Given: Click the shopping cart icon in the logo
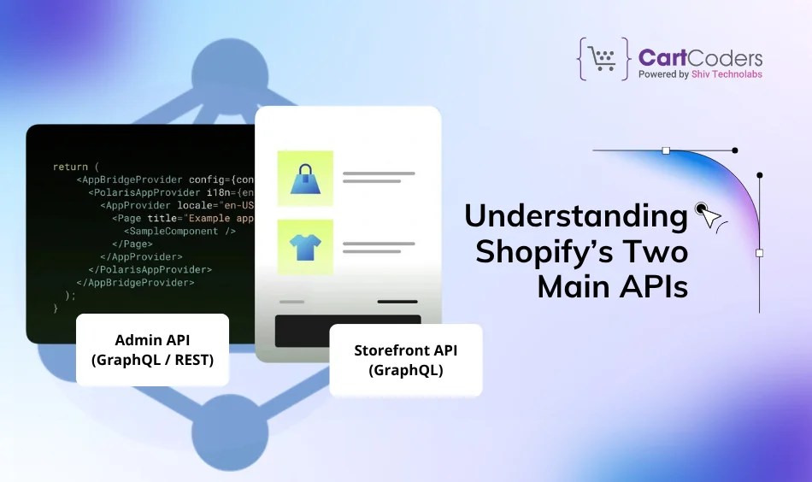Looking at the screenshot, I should coord(605,59).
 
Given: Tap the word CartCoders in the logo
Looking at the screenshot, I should coord(700,58).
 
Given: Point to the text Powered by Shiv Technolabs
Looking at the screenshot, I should coord(700,74).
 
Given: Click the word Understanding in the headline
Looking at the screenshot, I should coord(575,216).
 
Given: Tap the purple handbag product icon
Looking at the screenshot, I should coord(305,179).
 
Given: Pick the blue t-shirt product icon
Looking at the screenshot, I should coord(305,247).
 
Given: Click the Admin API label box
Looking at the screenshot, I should coord(152,350).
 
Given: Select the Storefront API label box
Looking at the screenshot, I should coord(405,360).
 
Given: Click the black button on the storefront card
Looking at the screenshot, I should coord(348,330).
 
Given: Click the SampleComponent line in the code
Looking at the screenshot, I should coord(179,231).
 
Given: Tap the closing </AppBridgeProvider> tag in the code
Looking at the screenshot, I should coord(135,282).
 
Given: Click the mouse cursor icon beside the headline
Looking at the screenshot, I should coord(706,215).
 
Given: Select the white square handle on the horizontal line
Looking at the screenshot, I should coord(666,150).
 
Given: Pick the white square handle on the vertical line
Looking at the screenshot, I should coord(759,253).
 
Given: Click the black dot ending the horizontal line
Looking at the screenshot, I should coord(735,150).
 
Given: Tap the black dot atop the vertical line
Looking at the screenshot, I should coord(759,175).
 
